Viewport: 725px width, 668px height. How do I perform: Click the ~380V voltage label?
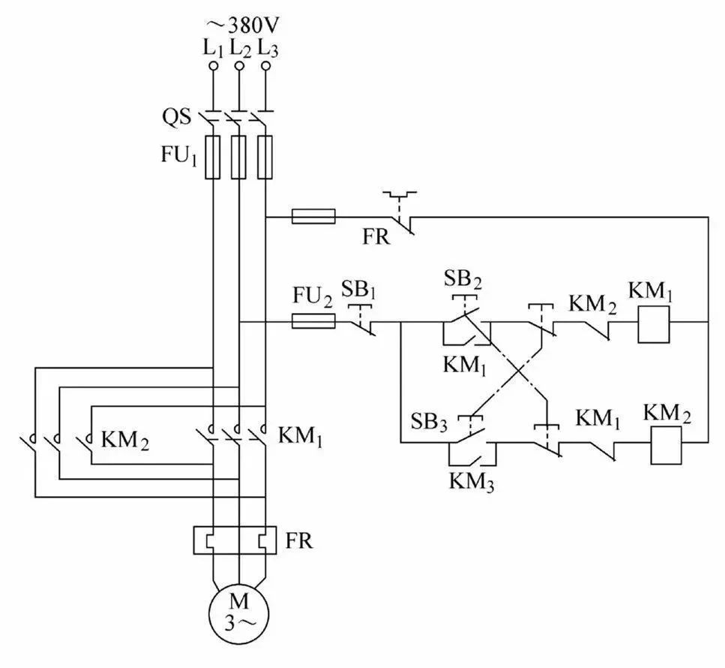click(243, 26)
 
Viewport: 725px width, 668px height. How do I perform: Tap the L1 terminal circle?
click(213, 66)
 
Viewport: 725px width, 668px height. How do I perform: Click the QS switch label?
click(176, 116)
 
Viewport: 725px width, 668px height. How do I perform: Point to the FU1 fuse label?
click(179, 155)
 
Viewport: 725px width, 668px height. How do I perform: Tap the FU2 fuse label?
click(313, 296)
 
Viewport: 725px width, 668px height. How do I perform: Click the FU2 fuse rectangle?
click(313, 320)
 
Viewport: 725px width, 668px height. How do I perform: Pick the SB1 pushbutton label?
click(359, 290)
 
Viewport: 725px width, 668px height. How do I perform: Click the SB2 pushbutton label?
click(463, 279)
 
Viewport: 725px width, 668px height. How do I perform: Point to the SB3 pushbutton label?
click(430, 422)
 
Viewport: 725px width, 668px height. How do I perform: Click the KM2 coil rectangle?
click(667, 445)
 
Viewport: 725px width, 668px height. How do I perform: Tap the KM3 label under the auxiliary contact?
click(472, 482)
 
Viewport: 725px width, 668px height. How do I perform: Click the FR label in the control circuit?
click(376, 237)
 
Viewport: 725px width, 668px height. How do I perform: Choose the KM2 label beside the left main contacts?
click(125, 441)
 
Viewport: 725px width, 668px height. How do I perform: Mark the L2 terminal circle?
click(239, 66)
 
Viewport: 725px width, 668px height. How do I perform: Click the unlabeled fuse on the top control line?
click(313, 216)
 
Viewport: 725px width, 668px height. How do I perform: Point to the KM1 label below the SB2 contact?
click(465, 366)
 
